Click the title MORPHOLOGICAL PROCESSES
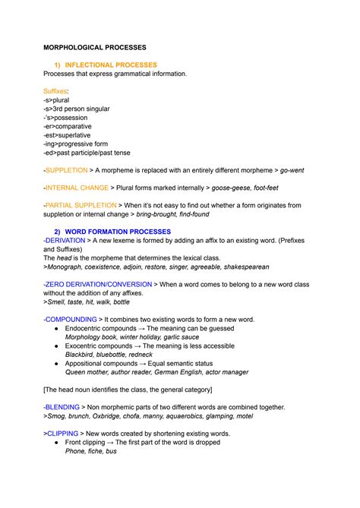click(x=99, y=47)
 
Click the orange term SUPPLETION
click(x=66, y=171)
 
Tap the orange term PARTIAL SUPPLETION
click(x=81, y=205)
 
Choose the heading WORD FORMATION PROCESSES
click(x=118, y=231)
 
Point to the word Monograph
click(x=69, y=267)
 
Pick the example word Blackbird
click(x=82, y=354)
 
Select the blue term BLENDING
click(x=62, y=407)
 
